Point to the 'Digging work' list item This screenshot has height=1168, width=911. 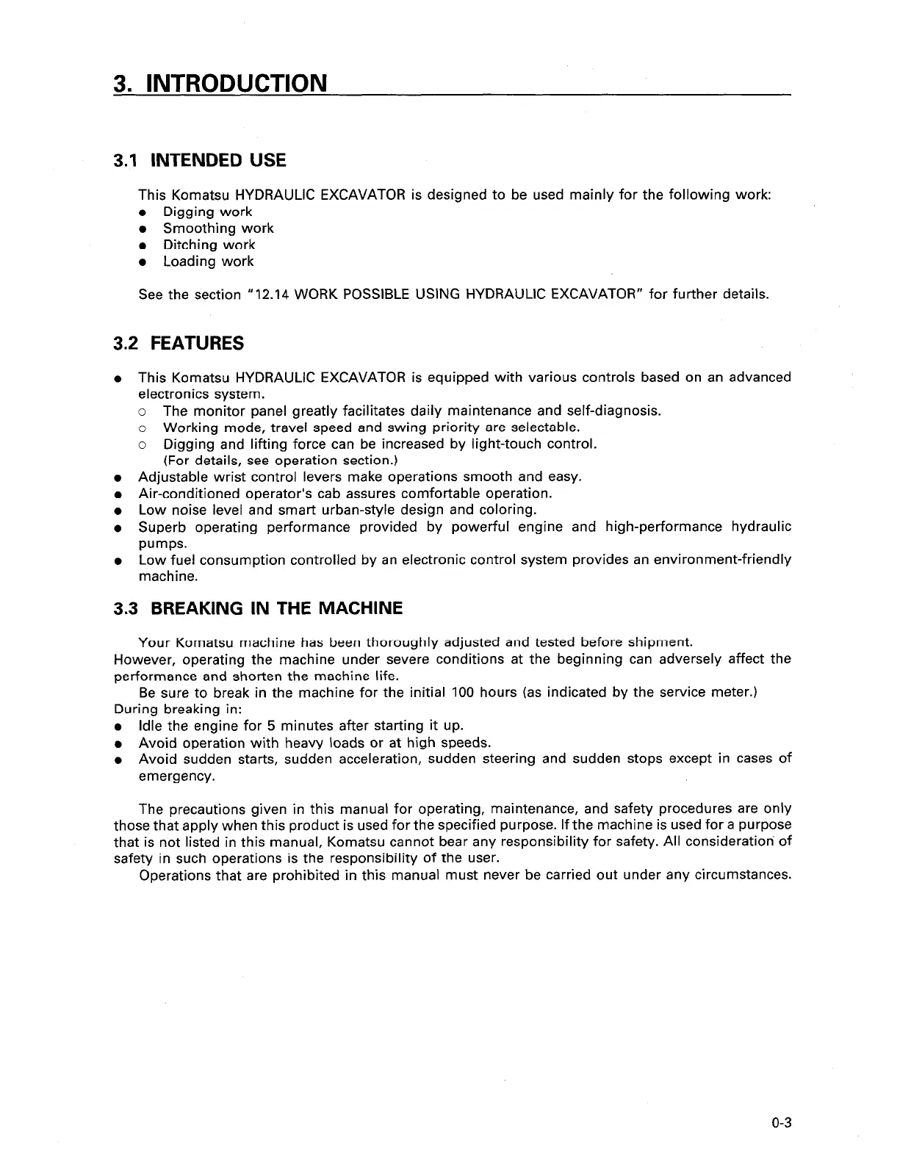(x=207, y=212)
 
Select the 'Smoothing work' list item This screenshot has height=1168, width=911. (x=218, y=228)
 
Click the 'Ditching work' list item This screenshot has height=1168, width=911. (x=209, y=245)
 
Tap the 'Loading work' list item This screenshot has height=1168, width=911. (x=208, y=262)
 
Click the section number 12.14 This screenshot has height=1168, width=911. (x=272, y=295)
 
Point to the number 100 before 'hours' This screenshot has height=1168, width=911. (x=463, y=693)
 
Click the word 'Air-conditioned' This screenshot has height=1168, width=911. (x=184, y=494)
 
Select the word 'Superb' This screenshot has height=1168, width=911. (x=161, y=527)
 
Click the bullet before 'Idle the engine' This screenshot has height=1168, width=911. (x=118, y=727)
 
